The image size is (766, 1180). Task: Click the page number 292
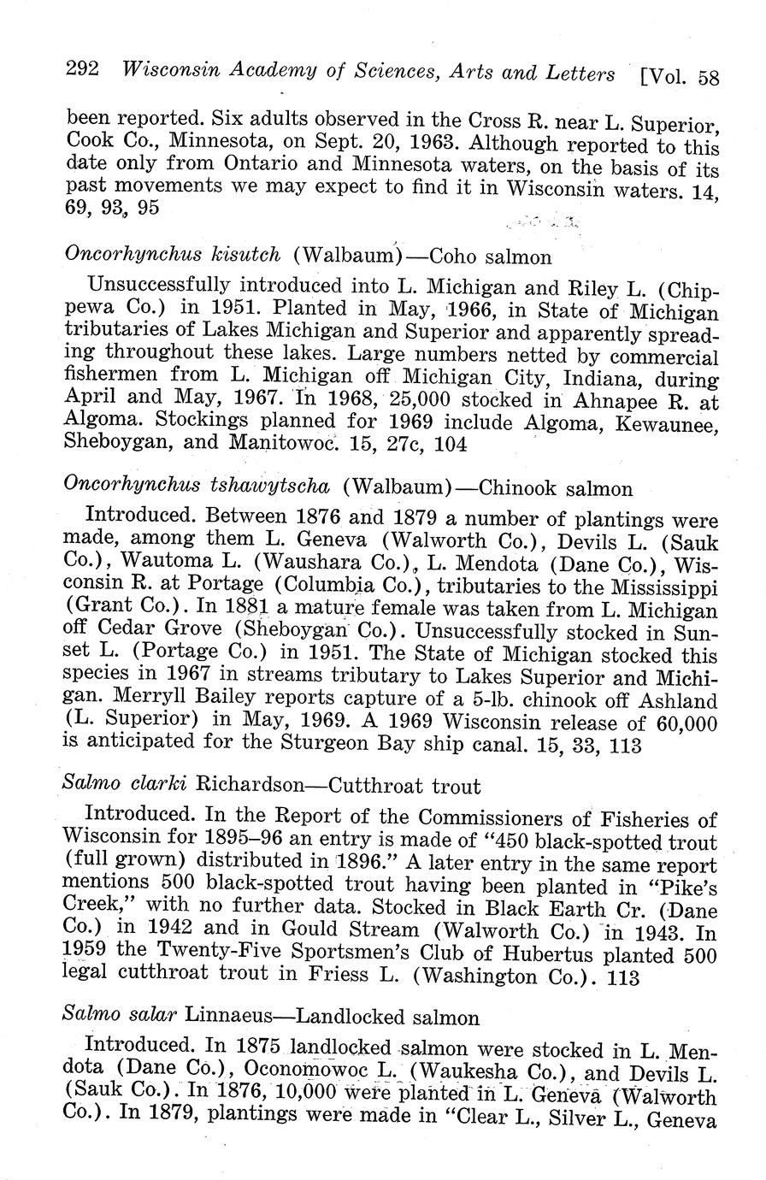tap(84, 71)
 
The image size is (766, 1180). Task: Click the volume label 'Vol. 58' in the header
tap(680, 78)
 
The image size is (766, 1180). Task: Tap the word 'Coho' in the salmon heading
tap(453, 257)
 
